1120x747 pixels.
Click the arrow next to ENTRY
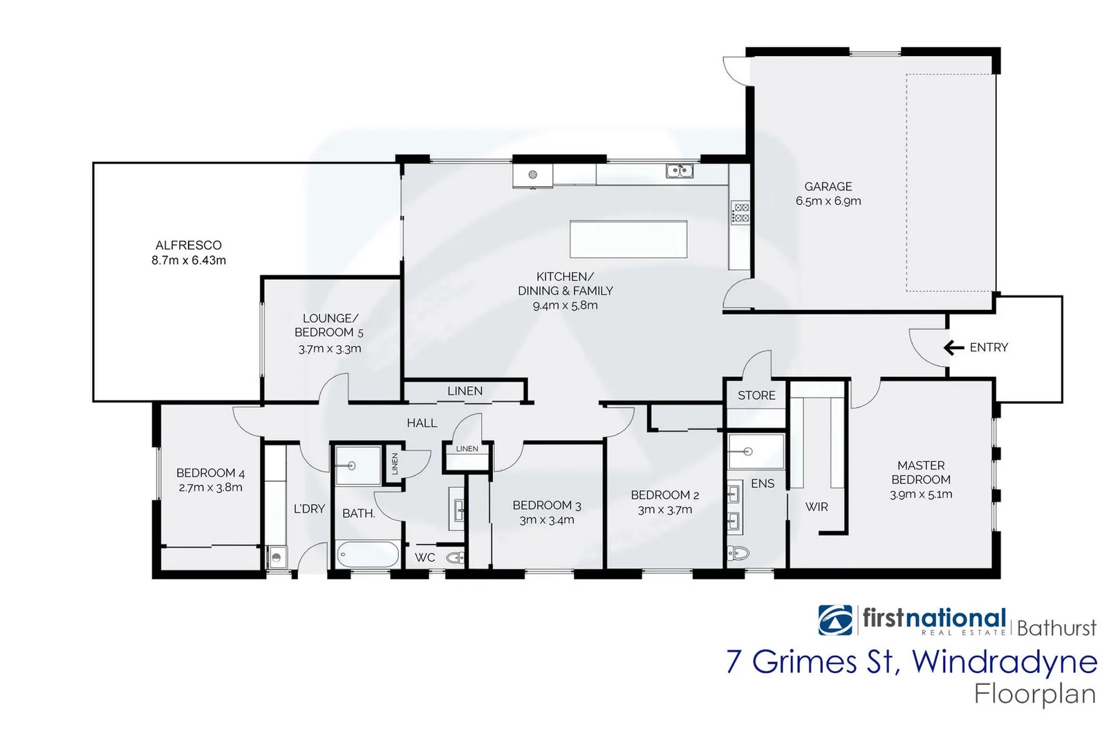(x=954, y=347)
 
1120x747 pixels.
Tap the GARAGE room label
(x=828, y=187)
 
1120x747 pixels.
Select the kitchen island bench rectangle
(x=628, y=239)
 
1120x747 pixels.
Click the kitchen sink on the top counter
(x=679, y=170)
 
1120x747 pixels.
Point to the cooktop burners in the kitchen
(x=740, y=212)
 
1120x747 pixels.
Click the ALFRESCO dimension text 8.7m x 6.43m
(x=189, y=261)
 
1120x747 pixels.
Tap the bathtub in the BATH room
(x=367, y=555)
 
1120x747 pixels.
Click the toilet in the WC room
(x=455, y=557)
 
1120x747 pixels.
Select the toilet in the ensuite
(x=738, y=552)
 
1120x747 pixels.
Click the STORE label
(x=756, y=396)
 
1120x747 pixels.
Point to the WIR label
(x=816, y=507)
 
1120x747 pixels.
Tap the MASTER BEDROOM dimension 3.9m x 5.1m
(x=921, y=495)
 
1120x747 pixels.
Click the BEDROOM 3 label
(x=546, y=506)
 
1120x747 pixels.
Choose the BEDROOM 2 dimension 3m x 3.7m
(x=664, y=510)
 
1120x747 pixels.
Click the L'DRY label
(x=309, y=509)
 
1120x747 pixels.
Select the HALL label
(x=422, y=423)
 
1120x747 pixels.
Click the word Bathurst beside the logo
(x=1056, y=628)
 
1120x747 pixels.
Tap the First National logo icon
(x=835, y=620)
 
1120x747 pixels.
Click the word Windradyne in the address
(x=1004, y=662)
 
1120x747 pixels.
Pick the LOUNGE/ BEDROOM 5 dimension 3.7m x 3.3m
(x=330, y=349)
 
